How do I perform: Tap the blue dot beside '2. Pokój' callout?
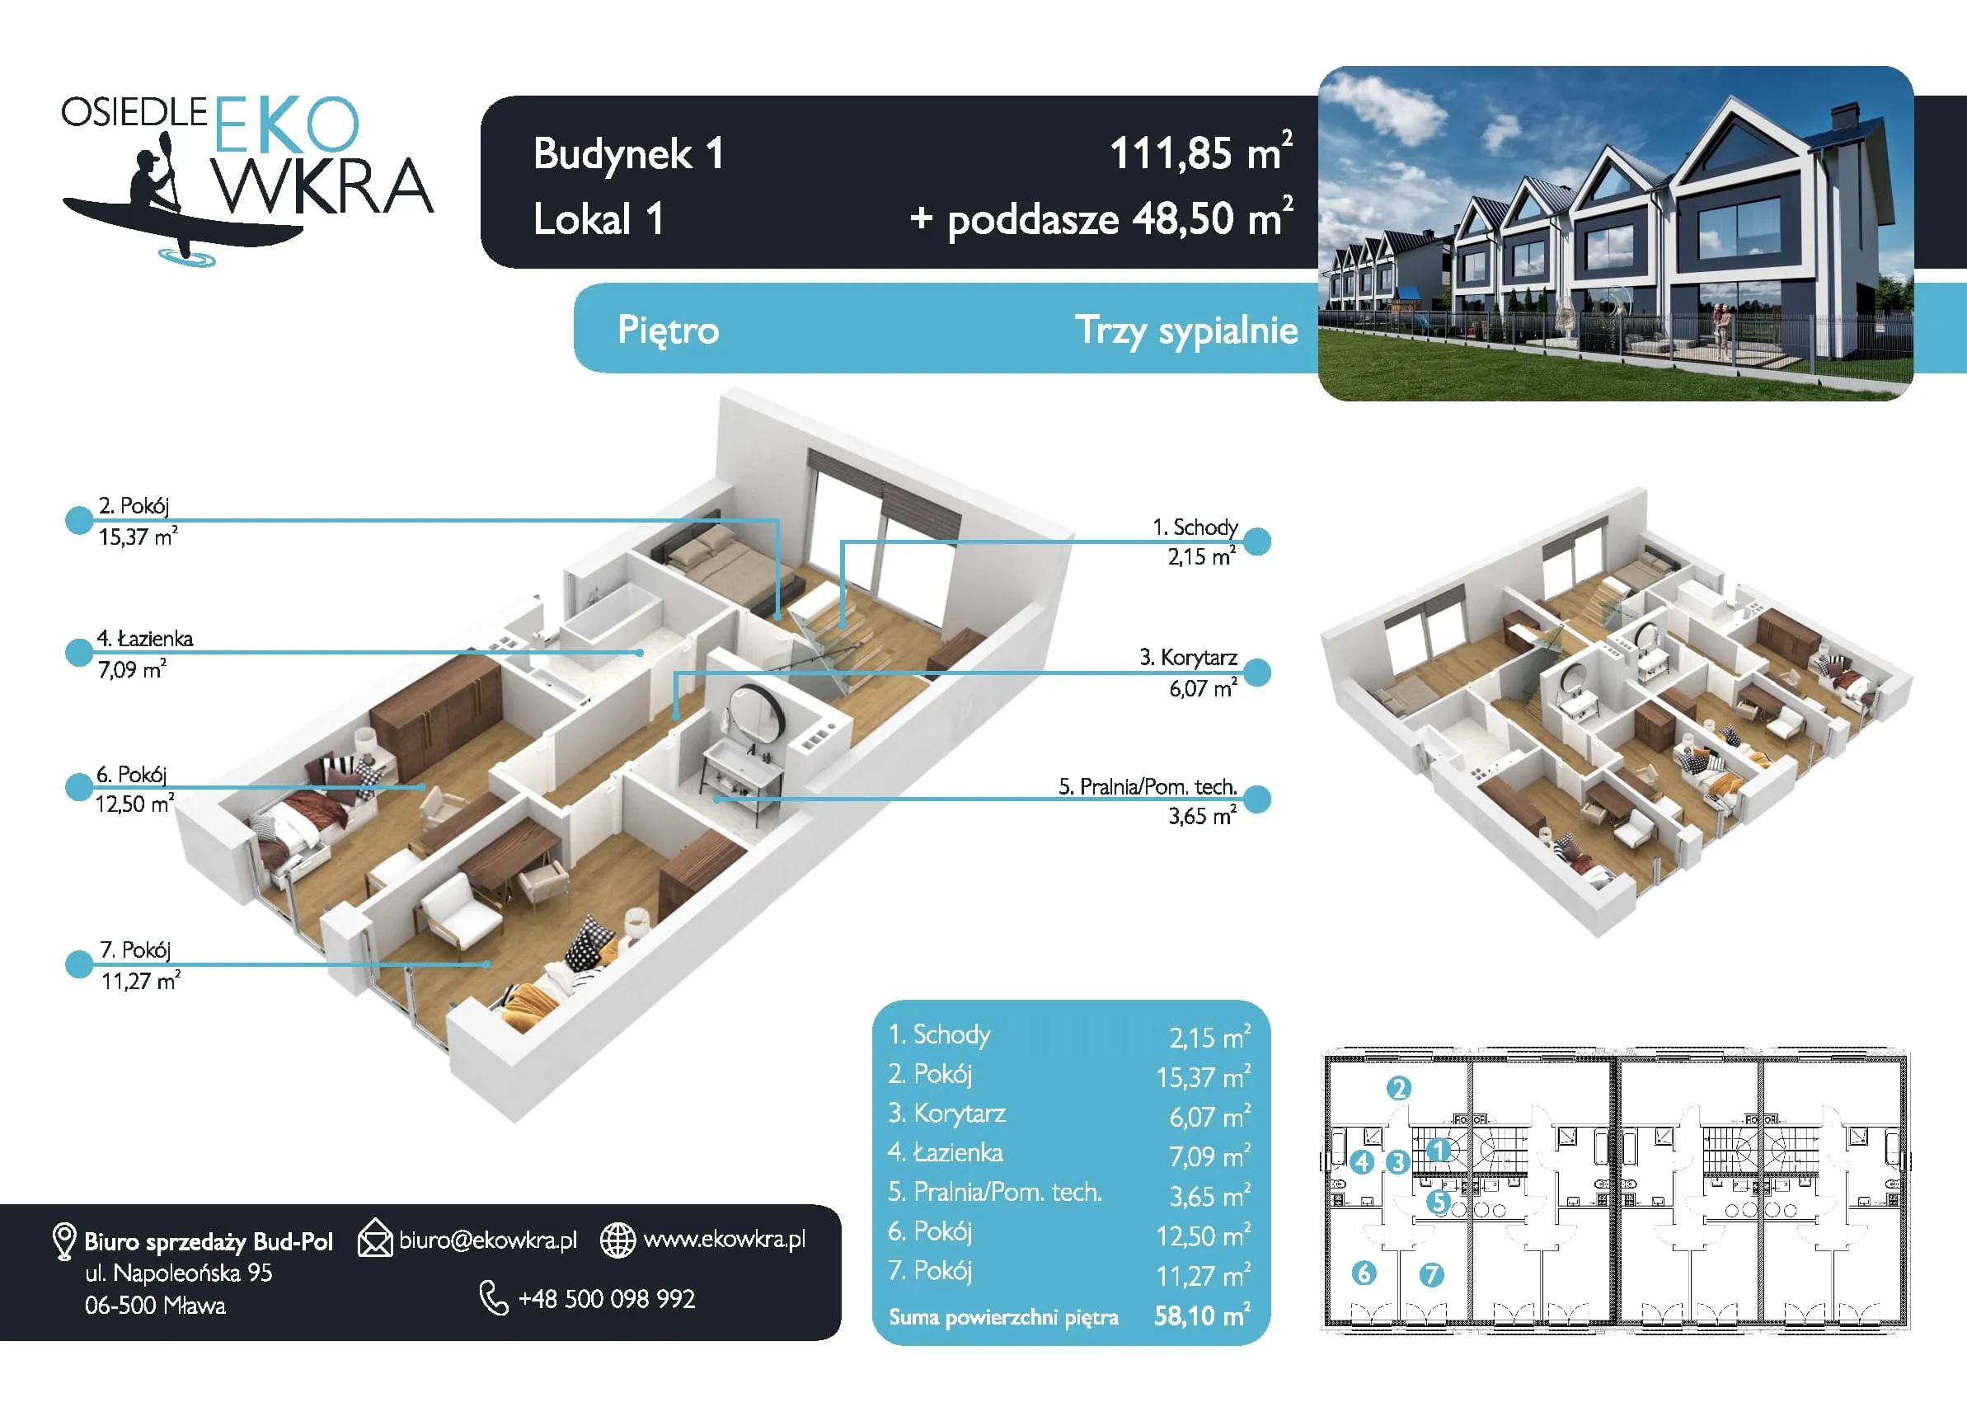(79, 520)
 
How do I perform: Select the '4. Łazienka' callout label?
(145, 639)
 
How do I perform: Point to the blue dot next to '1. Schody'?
(1257, 542)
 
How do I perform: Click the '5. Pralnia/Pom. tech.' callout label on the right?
(1148, 786)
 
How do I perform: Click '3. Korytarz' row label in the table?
(947, 1114)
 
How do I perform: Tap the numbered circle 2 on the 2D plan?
(1399, 1088)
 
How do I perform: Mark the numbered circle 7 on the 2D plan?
(1432, 1274)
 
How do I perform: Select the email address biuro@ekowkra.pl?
(488, 1240)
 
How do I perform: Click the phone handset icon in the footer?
(494, 1297)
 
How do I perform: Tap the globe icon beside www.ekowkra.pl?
(618, 1240)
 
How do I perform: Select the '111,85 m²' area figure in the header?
(1201, 152)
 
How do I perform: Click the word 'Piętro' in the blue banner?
(669, 331)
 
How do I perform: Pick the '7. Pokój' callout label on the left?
(135, 950)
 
